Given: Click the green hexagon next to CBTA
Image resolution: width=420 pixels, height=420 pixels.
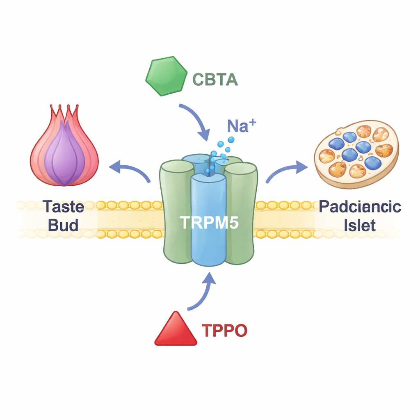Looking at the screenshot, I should (166, 77).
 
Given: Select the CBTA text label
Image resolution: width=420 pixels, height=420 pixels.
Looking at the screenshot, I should (215, 79).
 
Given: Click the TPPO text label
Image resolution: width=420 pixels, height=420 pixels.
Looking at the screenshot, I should (224, 331).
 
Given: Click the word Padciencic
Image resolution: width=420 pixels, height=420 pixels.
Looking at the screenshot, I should (360, 206).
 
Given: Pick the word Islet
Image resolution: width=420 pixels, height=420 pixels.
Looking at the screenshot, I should (360, 225).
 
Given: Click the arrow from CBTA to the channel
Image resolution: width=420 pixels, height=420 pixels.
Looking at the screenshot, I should (196, 120).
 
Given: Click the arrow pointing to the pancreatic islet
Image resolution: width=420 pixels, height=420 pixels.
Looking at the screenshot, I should (286, 171).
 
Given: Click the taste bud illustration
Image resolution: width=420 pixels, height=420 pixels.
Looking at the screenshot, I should (64, 148).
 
